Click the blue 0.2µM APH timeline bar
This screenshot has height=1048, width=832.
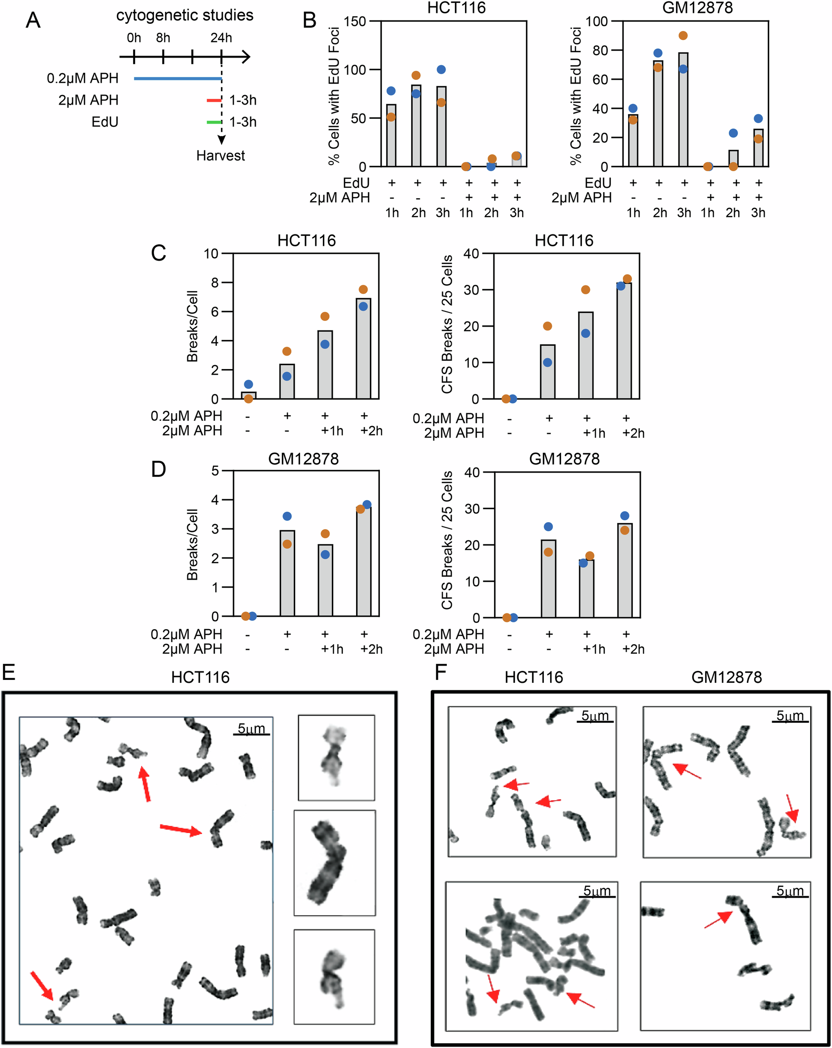177,78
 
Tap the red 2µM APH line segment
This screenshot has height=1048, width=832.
214,100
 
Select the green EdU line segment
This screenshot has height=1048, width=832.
214,122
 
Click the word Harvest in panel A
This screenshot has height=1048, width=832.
220,155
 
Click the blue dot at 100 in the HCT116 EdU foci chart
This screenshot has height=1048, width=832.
441,69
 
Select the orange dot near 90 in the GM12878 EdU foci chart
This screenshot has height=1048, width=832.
683,36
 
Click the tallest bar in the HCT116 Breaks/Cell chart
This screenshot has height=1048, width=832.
363,349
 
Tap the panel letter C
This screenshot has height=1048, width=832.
158,253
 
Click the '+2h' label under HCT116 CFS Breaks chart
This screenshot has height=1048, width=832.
633,433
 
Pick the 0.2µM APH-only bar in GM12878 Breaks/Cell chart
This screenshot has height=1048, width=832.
287,573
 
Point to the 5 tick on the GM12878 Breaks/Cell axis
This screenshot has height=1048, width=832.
215,471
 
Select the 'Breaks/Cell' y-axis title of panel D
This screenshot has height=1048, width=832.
193,544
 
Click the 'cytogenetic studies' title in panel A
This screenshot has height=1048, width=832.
184,15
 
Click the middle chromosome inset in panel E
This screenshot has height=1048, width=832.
334,863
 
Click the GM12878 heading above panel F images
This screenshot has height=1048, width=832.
726,677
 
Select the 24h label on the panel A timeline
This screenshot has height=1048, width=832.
221,38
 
